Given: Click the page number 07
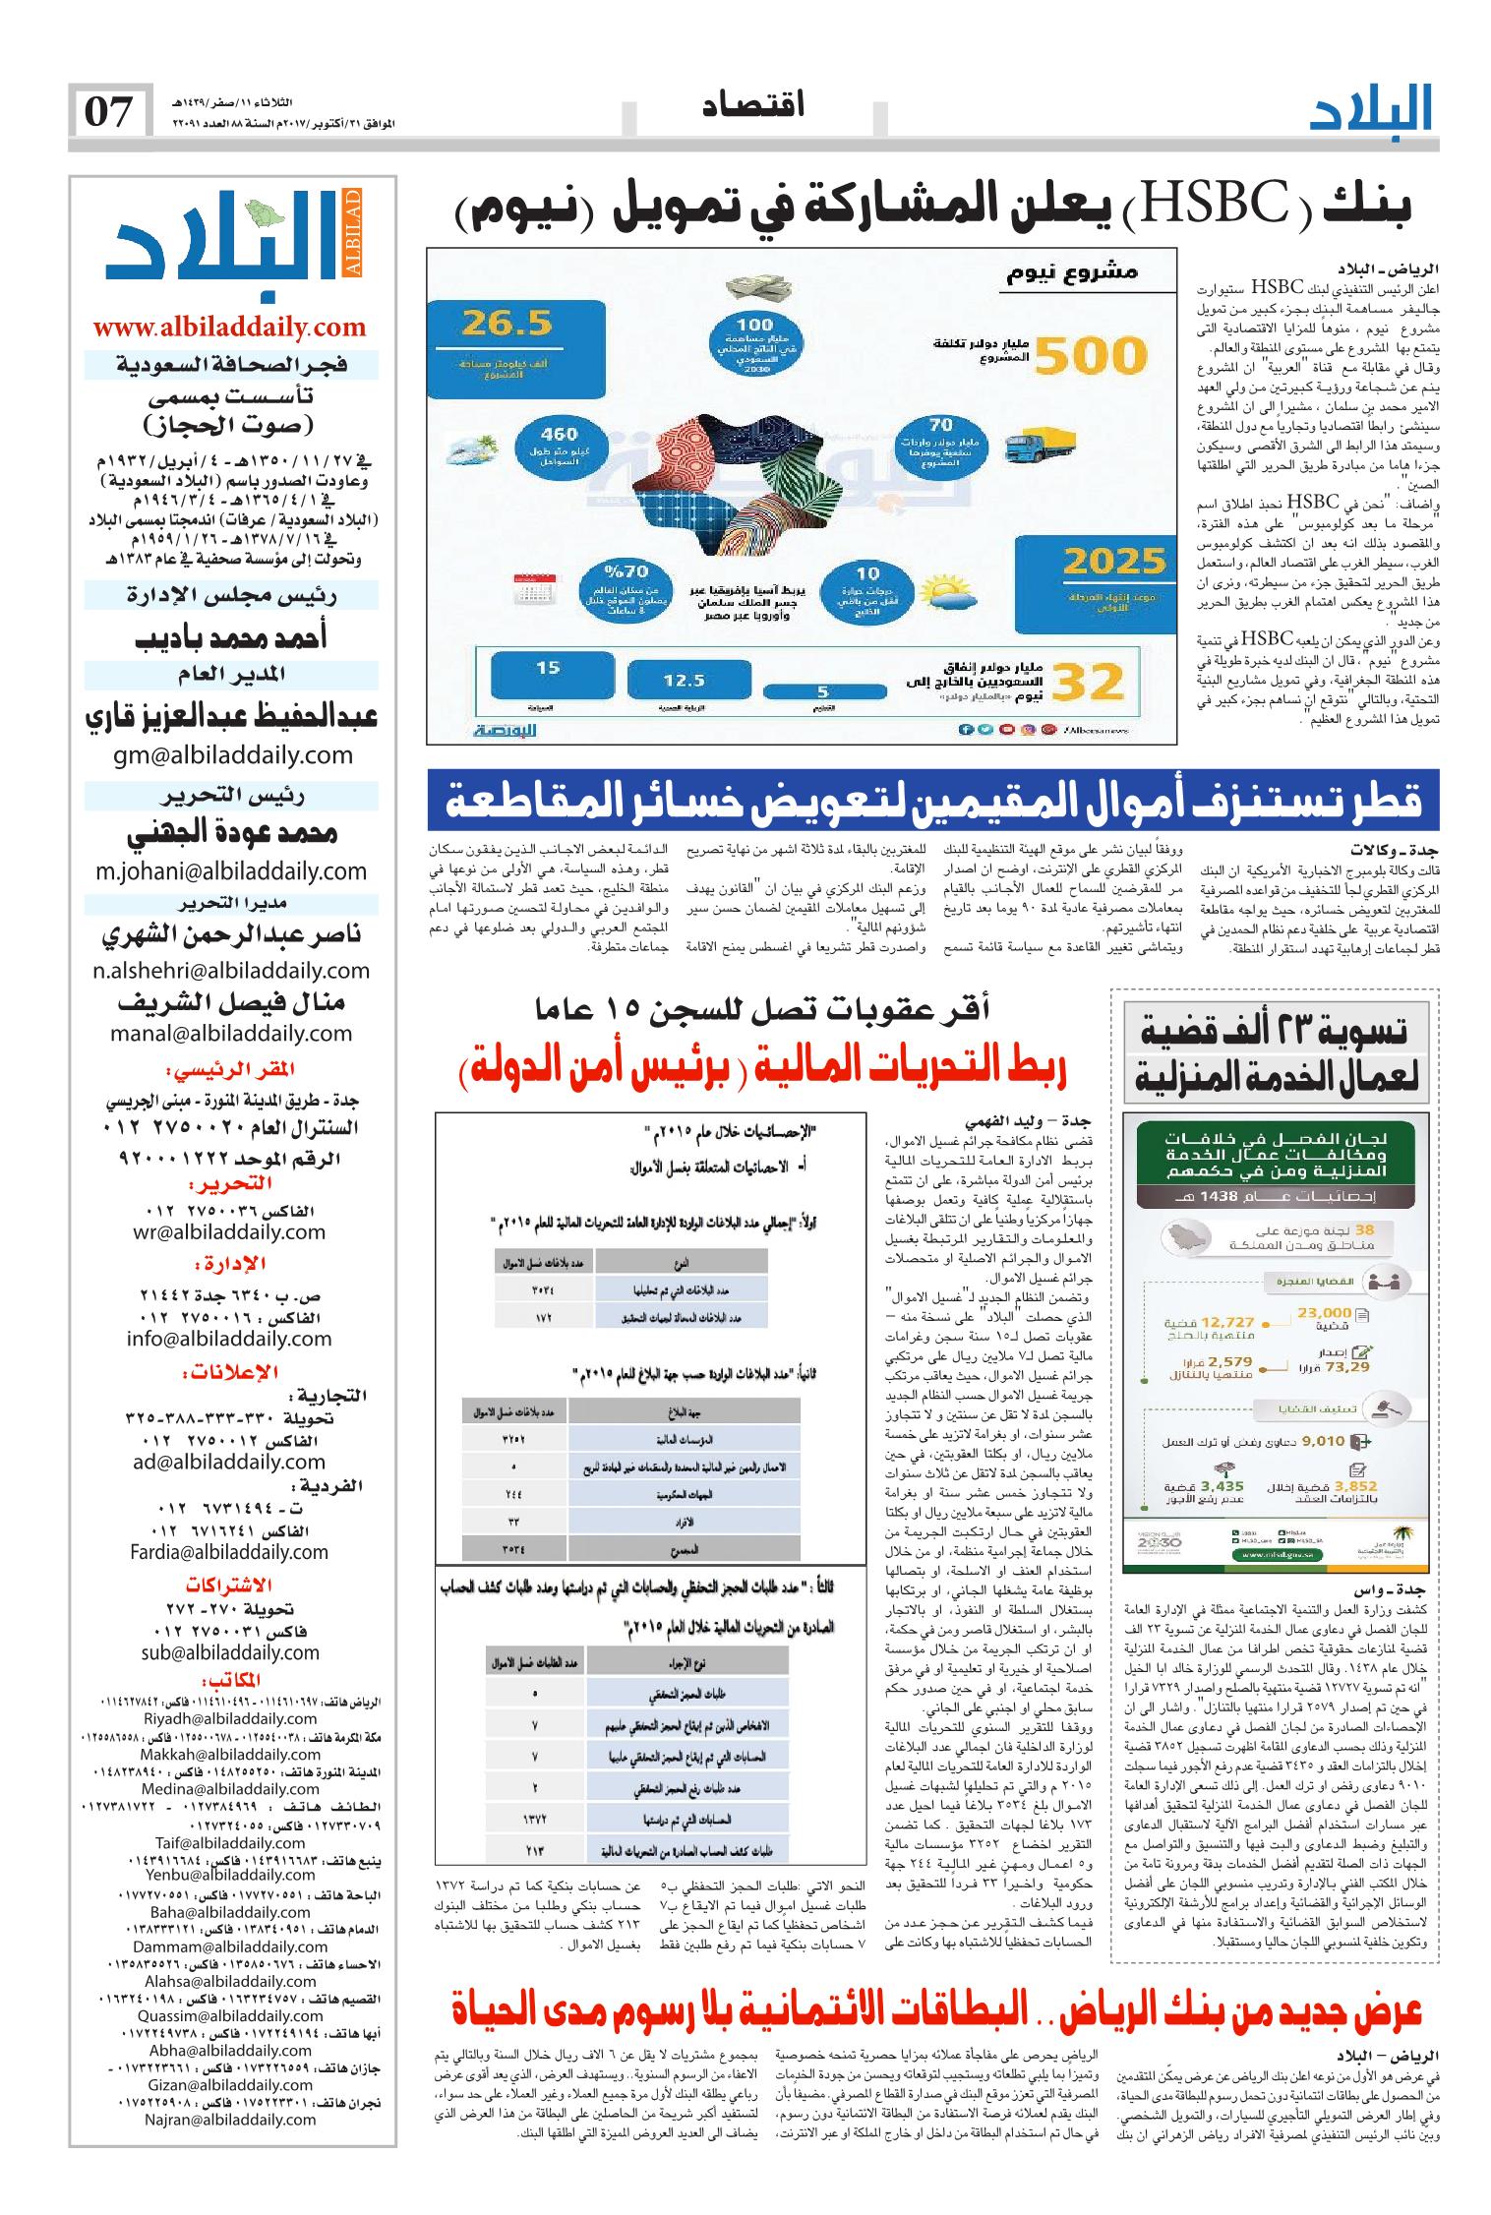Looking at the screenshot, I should [x=109, y=112].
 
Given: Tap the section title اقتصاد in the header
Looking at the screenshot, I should [x=753, y=104].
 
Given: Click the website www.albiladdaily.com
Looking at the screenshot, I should [x=228, y=327].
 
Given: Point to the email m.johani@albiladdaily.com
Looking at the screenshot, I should [x=230, y=870].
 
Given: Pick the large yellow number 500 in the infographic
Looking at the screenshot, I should [x=1093, y=355].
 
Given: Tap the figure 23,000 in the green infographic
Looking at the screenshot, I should [x=1325, y=1313].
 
